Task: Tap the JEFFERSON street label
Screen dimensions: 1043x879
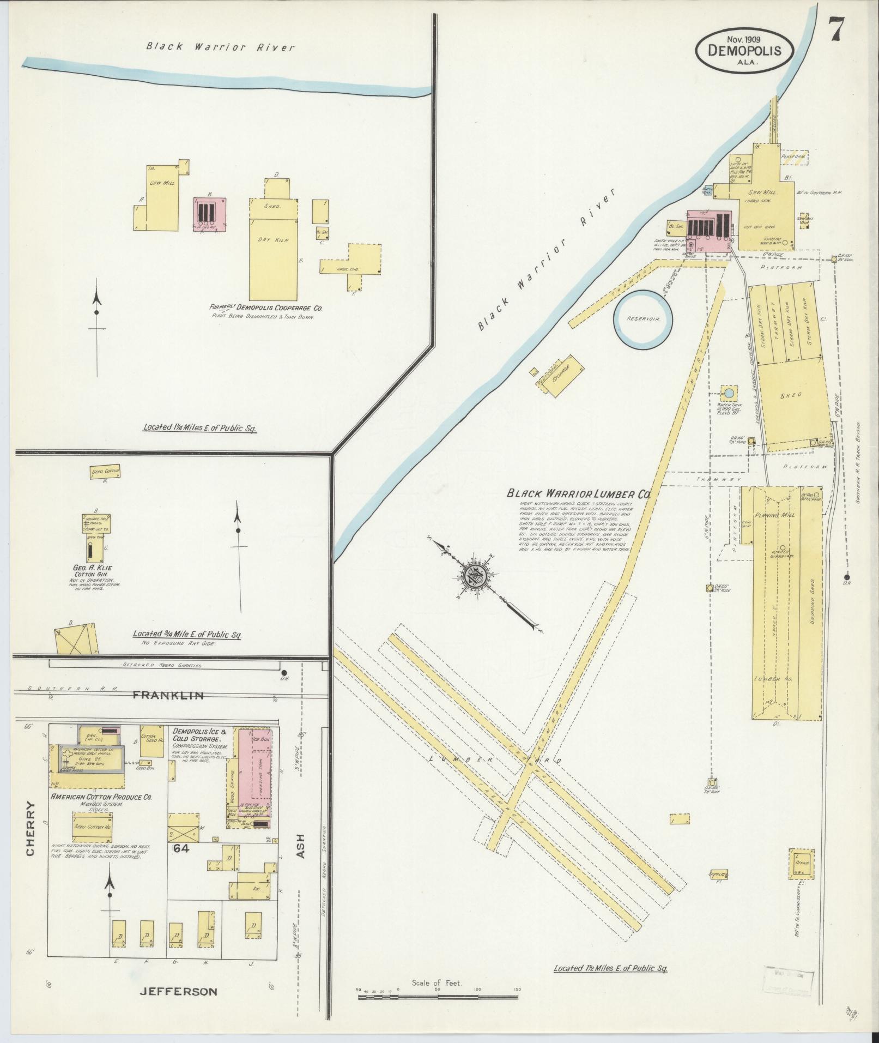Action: pyautogui.click(x=178, y=991)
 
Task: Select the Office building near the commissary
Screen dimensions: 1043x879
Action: pyautogui.click(x=801, y=879)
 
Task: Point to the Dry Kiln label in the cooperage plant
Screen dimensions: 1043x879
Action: pyautogui.click(x=275, y=240)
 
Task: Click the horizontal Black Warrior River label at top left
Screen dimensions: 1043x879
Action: pyautogui.click(x=221, y=47)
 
